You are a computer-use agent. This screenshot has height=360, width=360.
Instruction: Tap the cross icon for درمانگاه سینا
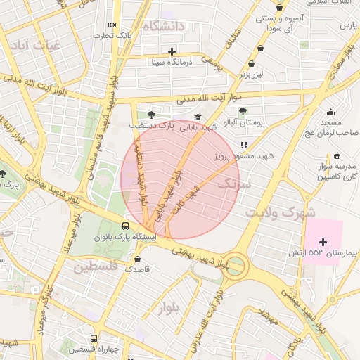(172, 51)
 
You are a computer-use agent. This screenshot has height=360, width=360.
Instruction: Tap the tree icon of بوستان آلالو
(243, 111)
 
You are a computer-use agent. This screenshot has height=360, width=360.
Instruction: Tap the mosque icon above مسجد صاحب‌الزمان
(330, 112)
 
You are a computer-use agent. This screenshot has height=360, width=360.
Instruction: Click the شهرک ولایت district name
(281, 212)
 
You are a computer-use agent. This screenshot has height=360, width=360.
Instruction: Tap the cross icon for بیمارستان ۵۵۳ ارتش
(323, 242)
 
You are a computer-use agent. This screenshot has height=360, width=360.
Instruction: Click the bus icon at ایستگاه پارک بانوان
(125, 226)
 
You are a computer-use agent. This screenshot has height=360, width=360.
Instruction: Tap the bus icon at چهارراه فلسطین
(94, 338)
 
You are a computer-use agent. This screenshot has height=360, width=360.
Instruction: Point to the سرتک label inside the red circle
(233, 184)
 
